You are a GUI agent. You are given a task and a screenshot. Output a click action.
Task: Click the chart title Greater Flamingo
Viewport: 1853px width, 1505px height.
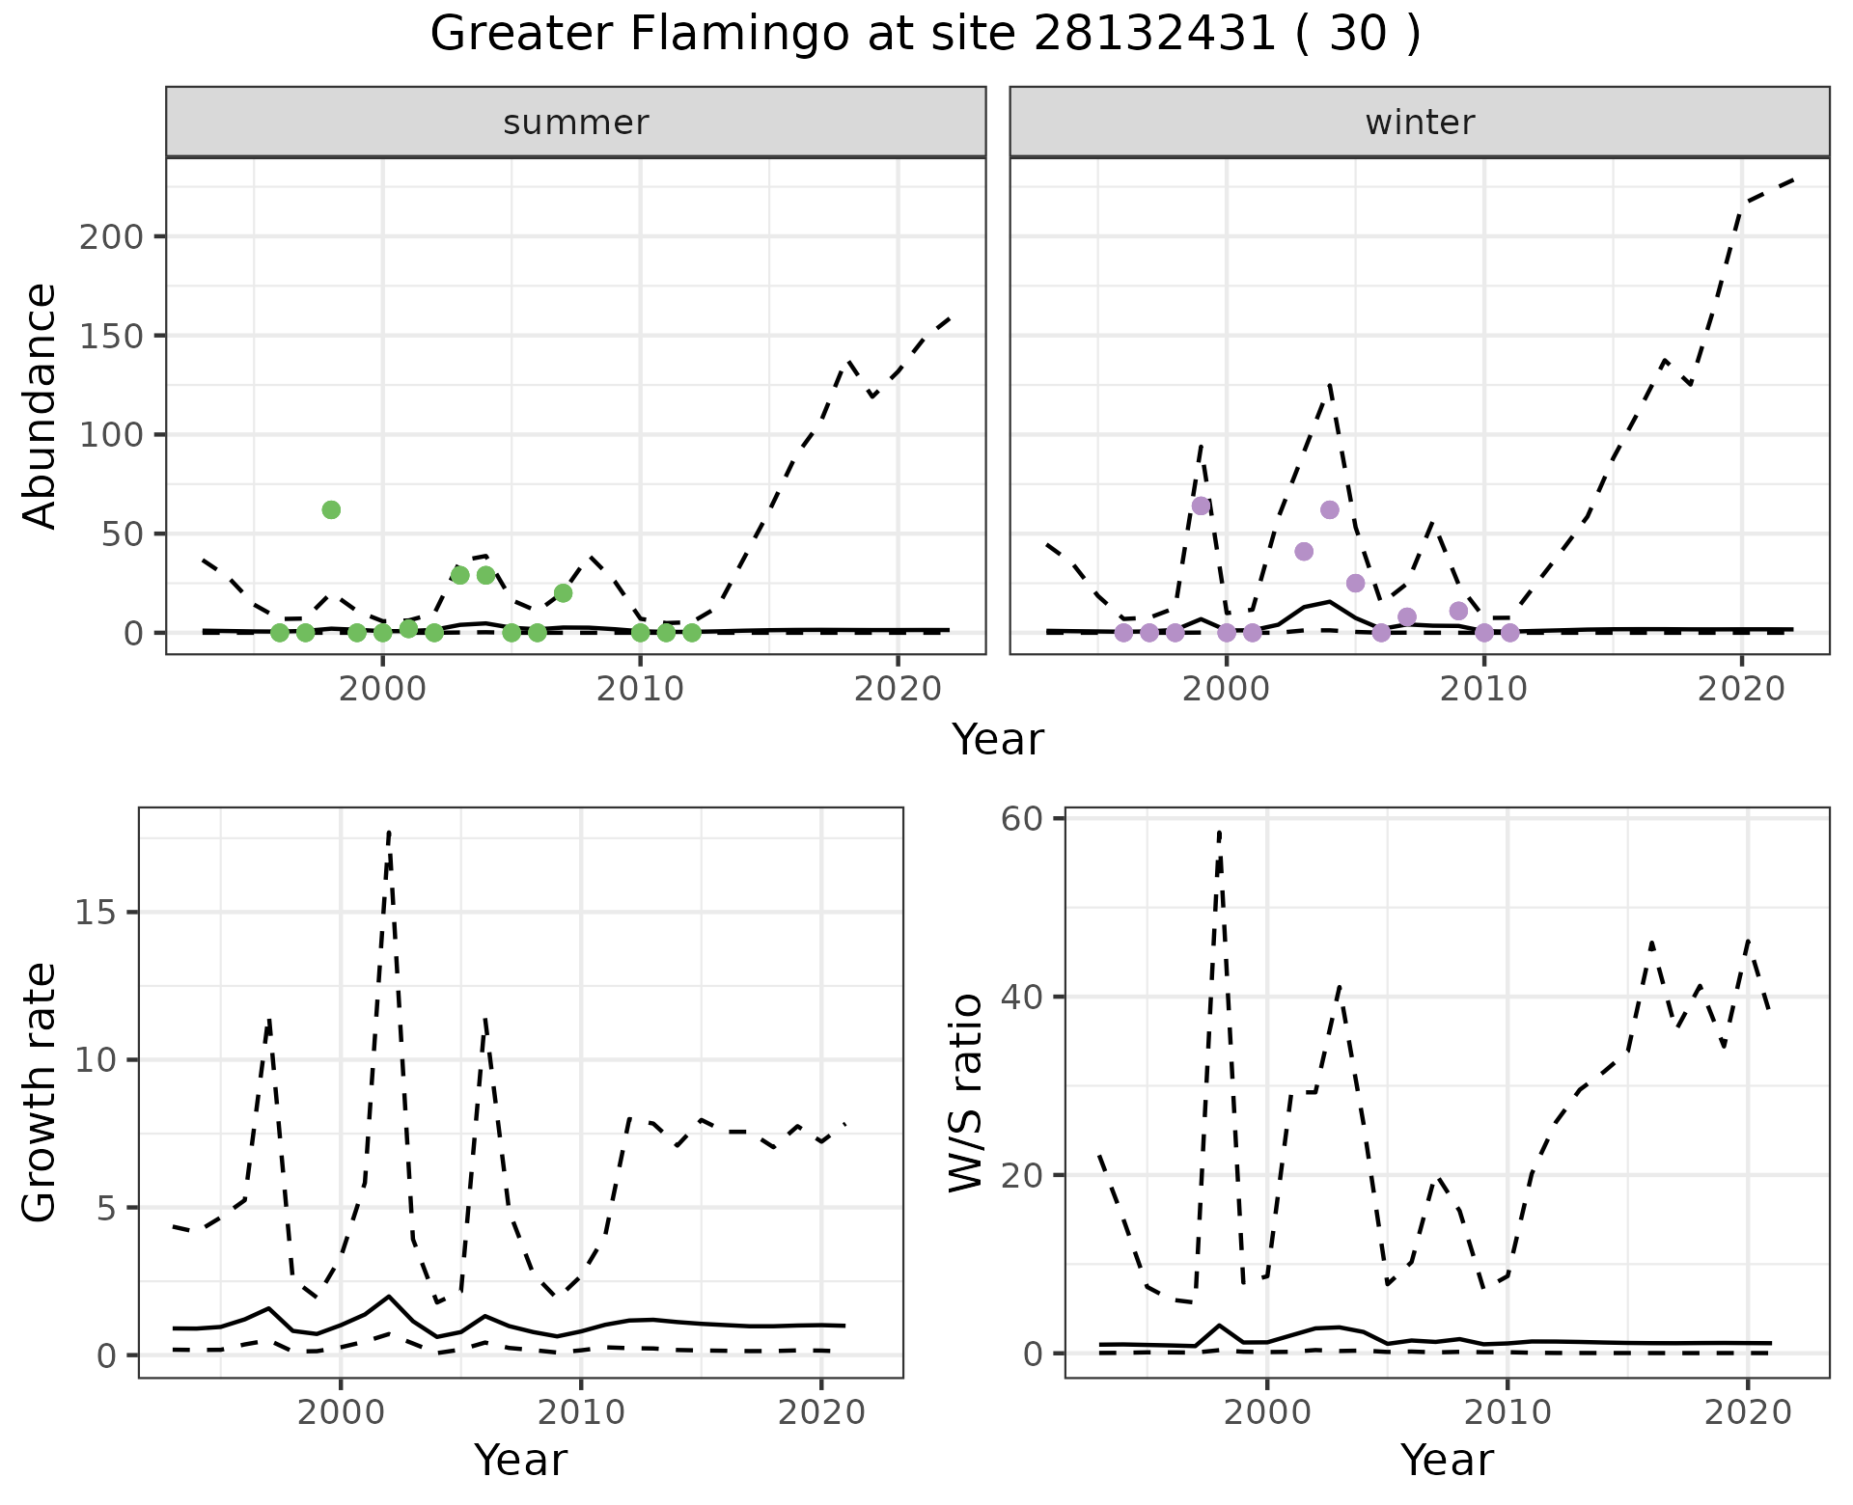point(925,35)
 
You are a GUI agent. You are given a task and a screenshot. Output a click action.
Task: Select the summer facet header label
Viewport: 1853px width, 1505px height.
point(576,123)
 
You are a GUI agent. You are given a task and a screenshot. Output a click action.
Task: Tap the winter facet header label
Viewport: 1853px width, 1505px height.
point(1420,123)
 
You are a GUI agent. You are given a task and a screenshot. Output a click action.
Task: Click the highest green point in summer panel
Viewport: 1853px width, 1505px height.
point(331,509)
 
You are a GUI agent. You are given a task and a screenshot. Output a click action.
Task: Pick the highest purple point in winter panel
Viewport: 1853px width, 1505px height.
point(1201,506)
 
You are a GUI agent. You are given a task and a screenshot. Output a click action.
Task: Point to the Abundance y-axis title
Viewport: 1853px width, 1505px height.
point(41,405)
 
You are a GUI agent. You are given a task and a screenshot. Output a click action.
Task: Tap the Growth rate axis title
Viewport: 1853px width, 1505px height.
point(41,1093)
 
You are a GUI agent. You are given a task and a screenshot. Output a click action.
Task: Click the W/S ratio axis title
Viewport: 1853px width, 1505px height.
point(966,1093)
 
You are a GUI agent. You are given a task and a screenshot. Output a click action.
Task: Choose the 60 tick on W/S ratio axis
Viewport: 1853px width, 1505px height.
point(1023,819)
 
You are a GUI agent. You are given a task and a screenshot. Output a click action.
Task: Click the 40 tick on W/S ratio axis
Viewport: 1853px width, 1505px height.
point(1023,997)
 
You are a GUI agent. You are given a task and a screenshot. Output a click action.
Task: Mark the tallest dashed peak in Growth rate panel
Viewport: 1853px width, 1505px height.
point(388,832)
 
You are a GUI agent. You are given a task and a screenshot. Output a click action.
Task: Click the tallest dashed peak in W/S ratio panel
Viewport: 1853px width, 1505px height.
point(1220,832)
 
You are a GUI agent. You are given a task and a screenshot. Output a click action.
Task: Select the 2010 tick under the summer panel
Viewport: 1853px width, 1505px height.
point(640,690)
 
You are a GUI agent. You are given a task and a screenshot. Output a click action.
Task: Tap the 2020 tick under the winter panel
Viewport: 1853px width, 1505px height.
point(1741,690)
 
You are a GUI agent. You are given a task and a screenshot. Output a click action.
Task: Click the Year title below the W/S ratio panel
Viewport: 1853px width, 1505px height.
point(1447,1460)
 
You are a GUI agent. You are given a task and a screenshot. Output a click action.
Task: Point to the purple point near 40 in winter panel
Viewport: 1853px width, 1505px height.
point(1304,551)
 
